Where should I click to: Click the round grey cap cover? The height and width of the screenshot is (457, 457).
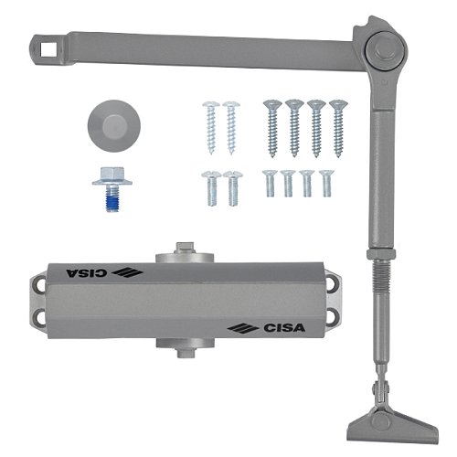(114, 126)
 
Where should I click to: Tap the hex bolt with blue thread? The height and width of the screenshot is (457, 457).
(112, 188)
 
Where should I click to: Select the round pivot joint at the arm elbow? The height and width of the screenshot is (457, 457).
(387, 49)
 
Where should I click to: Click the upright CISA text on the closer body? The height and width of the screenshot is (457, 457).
(284, 328)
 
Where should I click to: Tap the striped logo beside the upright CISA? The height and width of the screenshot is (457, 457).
(243, 328)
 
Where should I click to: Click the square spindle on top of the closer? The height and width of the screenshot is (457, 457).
(185, 248)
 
